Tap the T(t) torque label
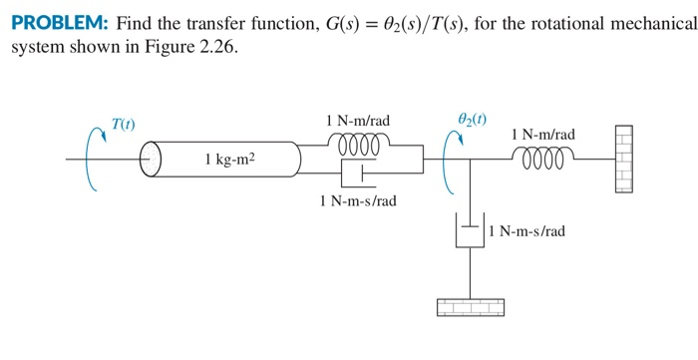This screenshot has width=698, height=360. [124, 125]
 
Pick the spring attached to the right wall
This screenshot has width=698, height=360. [542, 158]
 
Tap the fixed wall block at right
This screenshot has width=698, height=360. [623, 159]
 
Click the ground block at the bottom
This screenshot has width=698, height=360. [470, 307]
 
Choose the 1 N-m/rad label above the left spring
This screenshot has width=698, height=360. [358, 121]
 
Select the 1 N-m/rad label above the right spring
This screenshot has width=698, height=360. [542, 135]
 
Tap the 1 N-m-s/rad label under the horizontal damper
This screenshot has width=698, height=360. [358, 200]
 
